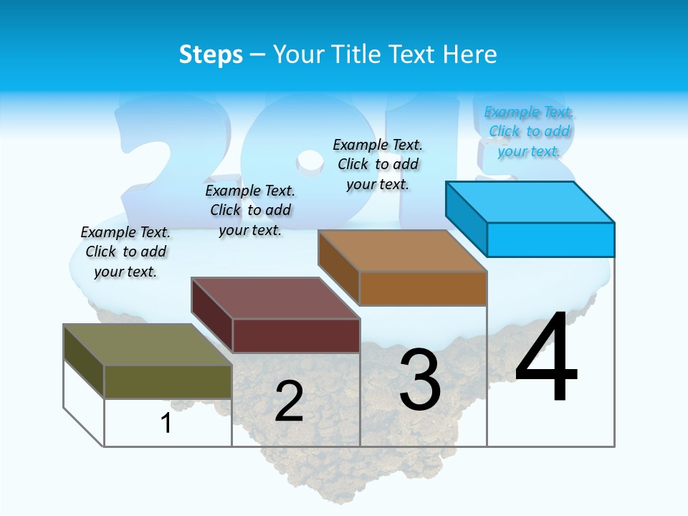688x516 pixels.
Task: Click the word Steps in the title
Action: [211, 54]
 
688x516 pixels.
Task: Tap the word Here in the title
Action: [468, 54]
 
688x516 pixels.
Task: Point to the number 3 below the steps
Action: [420, 379]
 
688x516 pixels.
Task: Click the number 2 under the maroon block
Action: [289, 401]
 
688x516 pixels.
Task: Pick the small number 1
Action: [166, 424]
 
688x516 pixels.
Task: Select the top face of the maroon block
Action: [276, 298]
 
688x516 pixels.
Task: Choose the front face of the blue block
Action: [550, 239]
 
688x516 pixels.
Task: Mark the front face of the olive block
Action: [168, 381]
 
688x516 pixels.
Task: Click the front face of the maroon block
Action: [296, 335]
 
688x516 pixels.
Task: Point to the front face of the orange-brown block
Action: [423, 289]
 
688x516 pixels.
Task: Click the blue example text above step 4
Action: [529, 131]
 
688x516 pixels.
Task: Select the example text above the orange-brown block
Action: [378, 164]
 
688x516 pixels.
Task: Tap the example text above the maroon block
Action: [250, 210]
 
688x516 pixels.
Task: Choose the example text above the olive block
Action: [125, 252]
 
